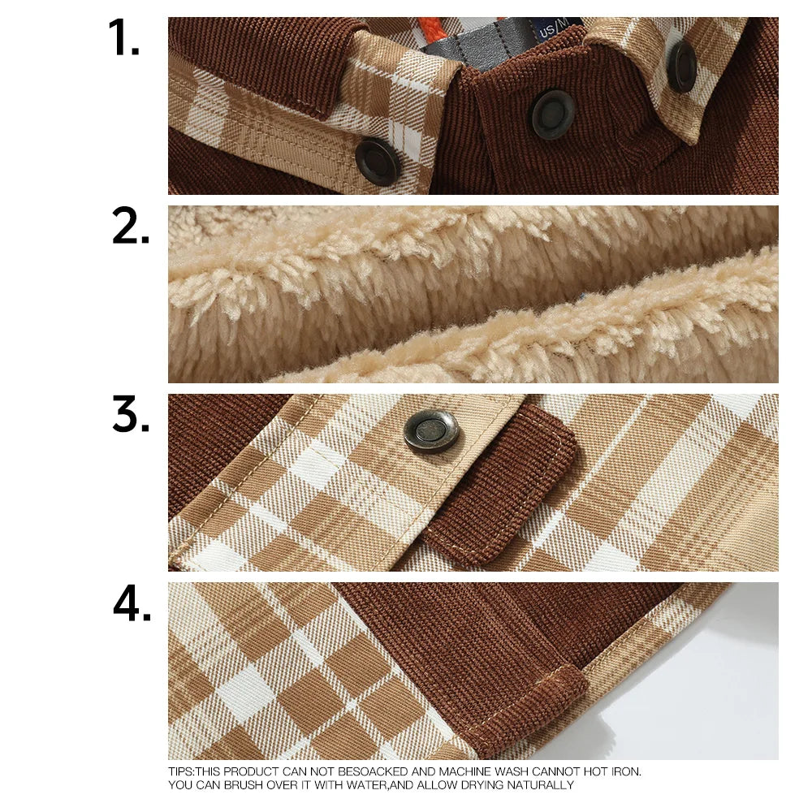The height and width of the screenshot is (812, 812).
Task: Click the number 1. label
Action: coord(123,38)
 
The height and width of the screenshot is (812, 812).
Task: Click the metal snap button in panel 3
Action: coord(431,430)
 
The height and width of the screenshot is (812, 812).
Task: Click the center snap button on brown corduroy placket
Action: coord(553,114)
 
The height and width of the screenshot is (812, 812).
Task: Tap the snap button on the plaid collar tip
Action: coord(681,66)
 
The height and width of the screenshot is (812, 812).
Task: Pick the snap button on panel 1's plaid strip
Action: coord(377,161)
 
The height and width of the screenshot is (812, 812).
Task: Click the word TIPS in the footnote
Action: coord(181,771)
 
